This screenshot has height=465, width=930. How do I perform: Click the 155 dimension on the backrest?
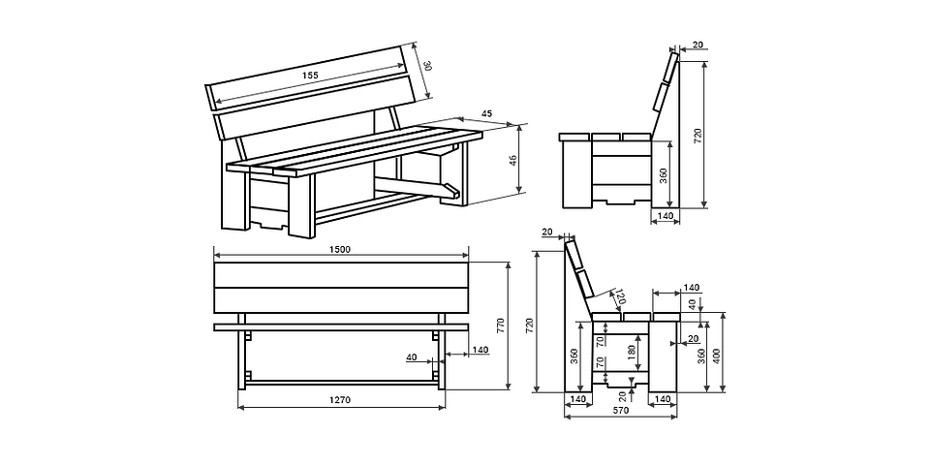tap(309, 76)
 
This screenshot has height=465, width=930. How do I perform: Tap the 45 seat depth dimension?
tap(486, 114)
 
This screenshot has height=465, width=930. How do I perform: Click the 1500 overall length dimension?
tap(339, 250)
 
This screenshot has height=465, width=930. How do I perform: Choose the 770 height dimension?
tap(501, 326)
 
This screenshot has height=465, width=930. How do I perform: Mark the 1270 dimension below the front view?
tap(339, 400)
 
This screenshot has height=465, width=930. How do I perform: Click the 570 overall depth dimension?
tap(620, 411)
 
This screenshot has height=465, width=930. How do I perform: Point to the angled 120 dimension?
tap(620, 299)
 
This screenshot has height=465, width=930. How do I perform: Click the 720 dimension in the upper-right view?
tap(697, 136)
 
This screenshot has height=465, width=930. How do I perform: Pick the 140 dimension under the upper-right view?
tap(665, 215)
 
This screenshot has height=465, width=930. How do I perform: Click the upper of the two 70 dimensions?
tap(601, 340)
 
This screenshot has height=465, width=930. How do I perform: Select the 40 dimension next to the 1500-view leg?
tap(414, 357)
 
